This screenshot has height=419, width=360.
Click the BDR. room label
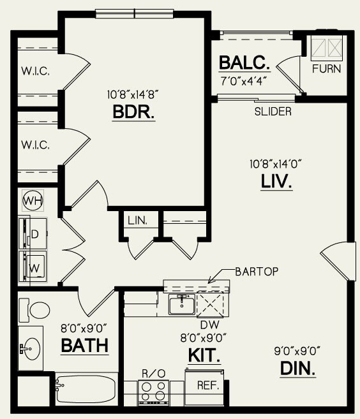click(134, 112)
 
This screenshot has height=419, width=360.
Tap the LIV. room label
click(276, 182)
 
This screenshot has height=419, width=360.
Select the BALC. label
click(244, 64)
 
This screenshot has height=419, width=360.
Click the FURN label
click(326, 69)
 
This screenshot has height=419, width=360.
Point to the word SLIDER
click(273, 112)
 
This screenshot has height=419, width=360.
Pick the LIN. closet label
click(137, 221)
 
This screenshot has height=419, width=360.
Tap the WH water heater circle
click(31, 202)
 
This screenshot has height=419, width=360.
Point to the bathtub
click(86, 388)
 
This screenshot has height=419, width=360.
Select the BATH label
click(84, 346)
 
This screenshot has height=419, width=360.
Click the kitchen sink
click(181, 304)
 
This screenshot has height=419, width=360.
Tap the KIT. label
click(204, 355)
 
